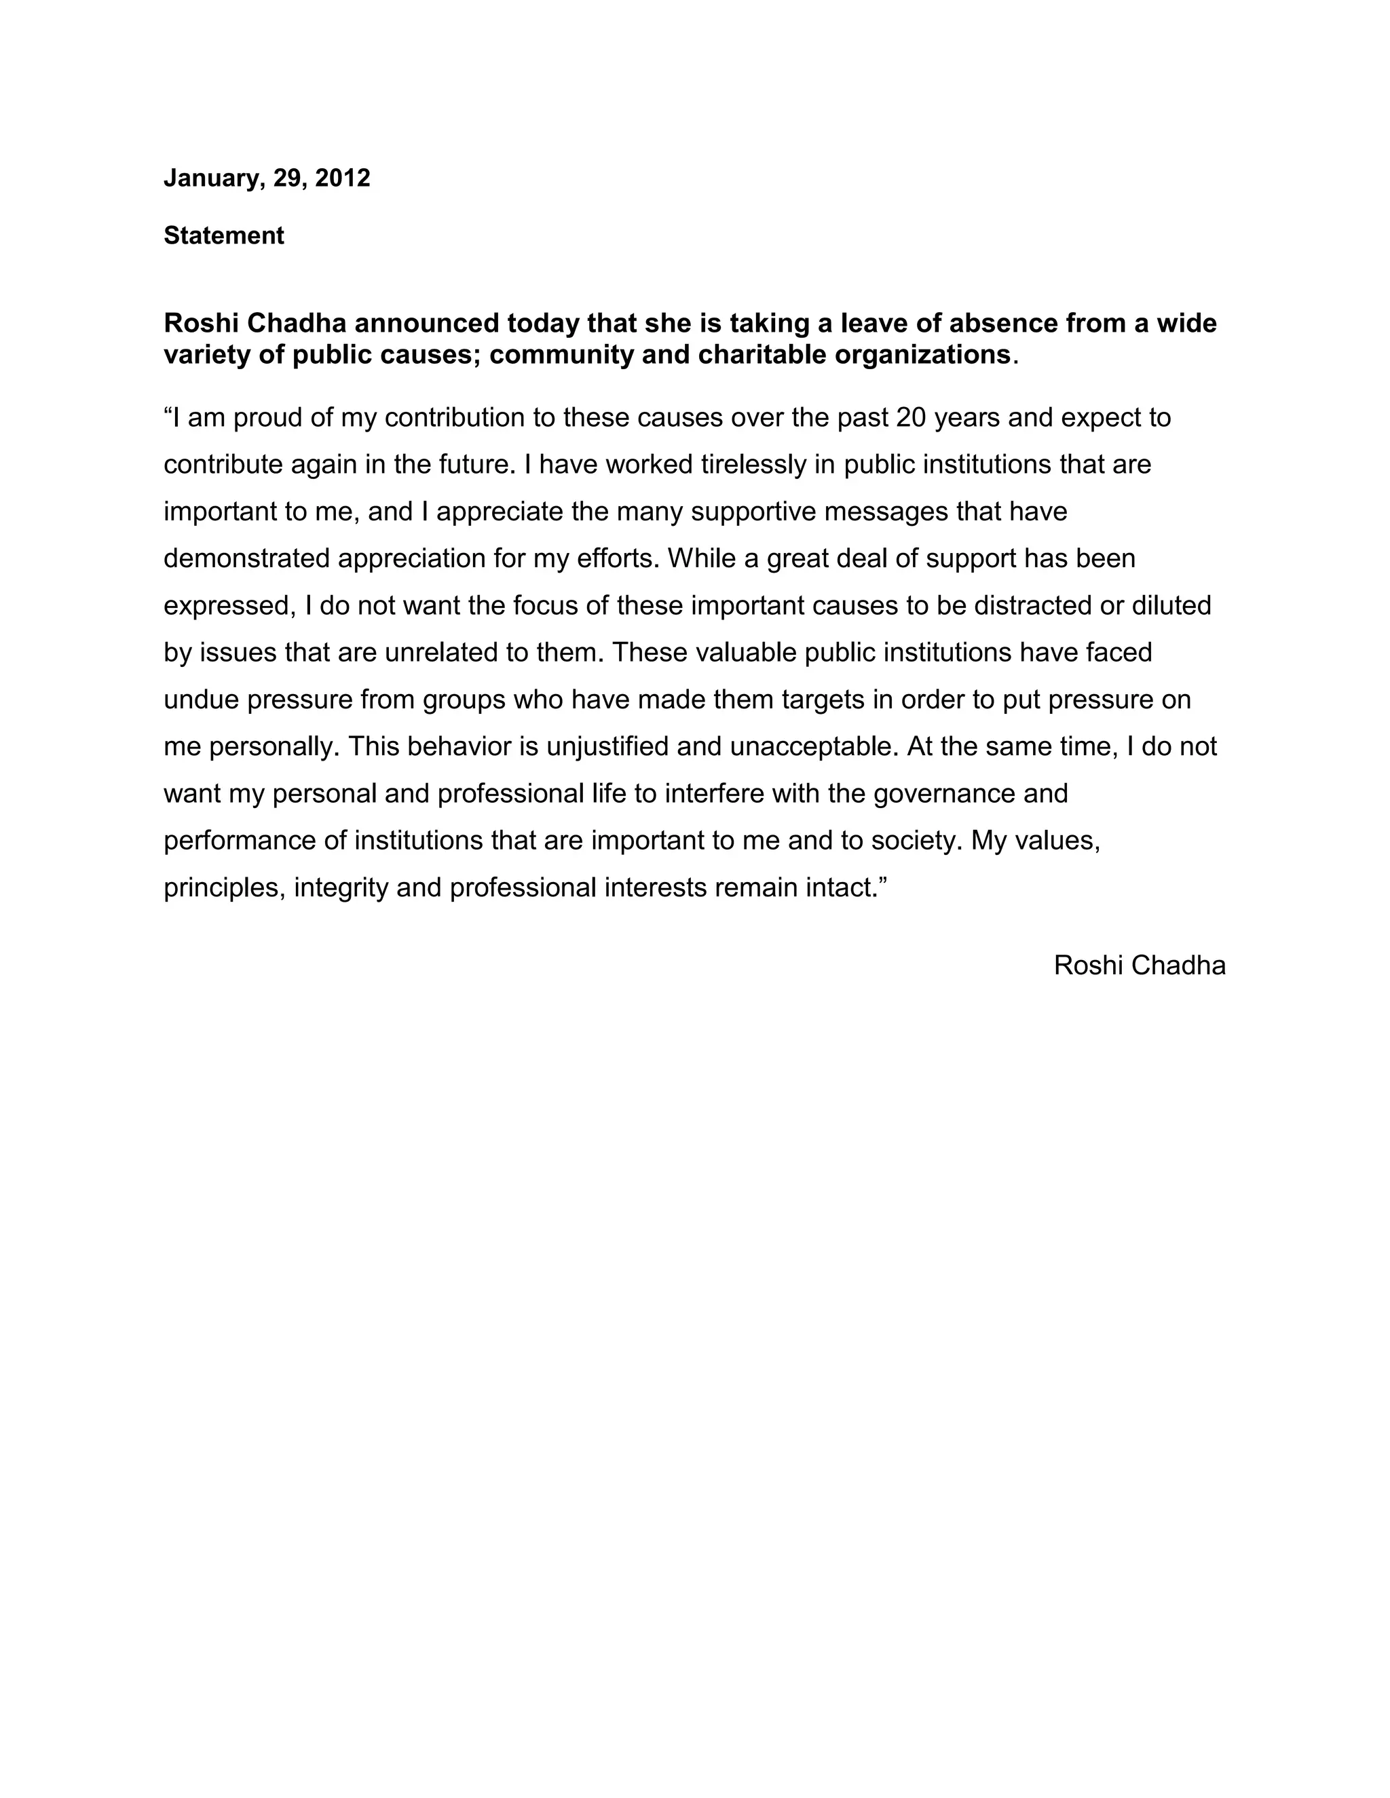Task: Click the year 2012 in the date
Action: [343, 178]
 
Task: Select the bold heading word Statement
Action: [224, 235]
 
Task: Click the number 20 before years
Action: [911, 418]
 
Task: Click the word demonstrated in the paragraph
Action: [247, 559]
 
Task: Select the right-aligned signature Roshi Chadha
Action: [1139, 965]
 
